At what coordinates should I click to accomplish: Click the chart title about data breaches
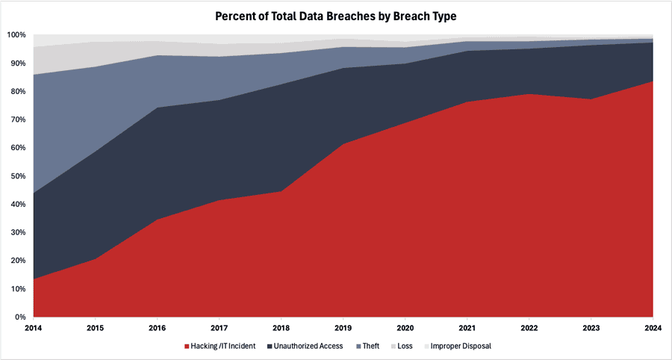336,16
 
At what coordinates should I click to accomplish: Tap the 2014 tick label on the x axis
34,327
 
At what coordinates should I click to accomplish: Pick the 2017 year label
220,327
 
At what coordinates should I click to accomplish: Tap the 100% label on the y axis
16,35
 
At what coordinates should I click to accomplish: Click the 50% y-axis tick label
18,176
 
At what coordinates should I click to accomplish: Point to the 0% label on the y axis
21,317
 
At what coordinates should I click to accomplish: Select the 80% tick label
18,92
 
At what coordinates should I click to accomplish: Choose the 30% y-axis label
18,232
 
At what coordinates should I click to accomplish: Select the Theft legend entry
370,346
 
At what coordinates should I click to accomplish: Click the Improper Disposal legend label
461,346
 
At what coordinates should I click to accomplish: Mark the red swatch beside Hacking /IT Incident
187,346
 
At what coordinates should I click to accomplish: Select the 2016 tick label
158,327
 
